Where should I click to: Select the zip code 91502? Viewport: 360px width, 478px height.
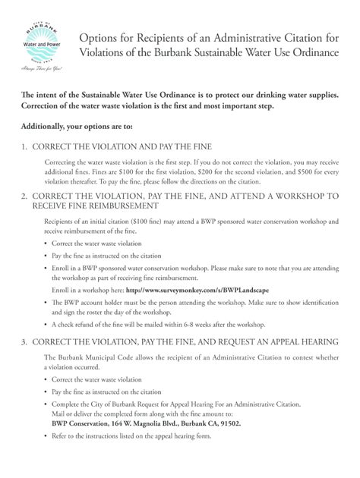coord(229,423)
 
